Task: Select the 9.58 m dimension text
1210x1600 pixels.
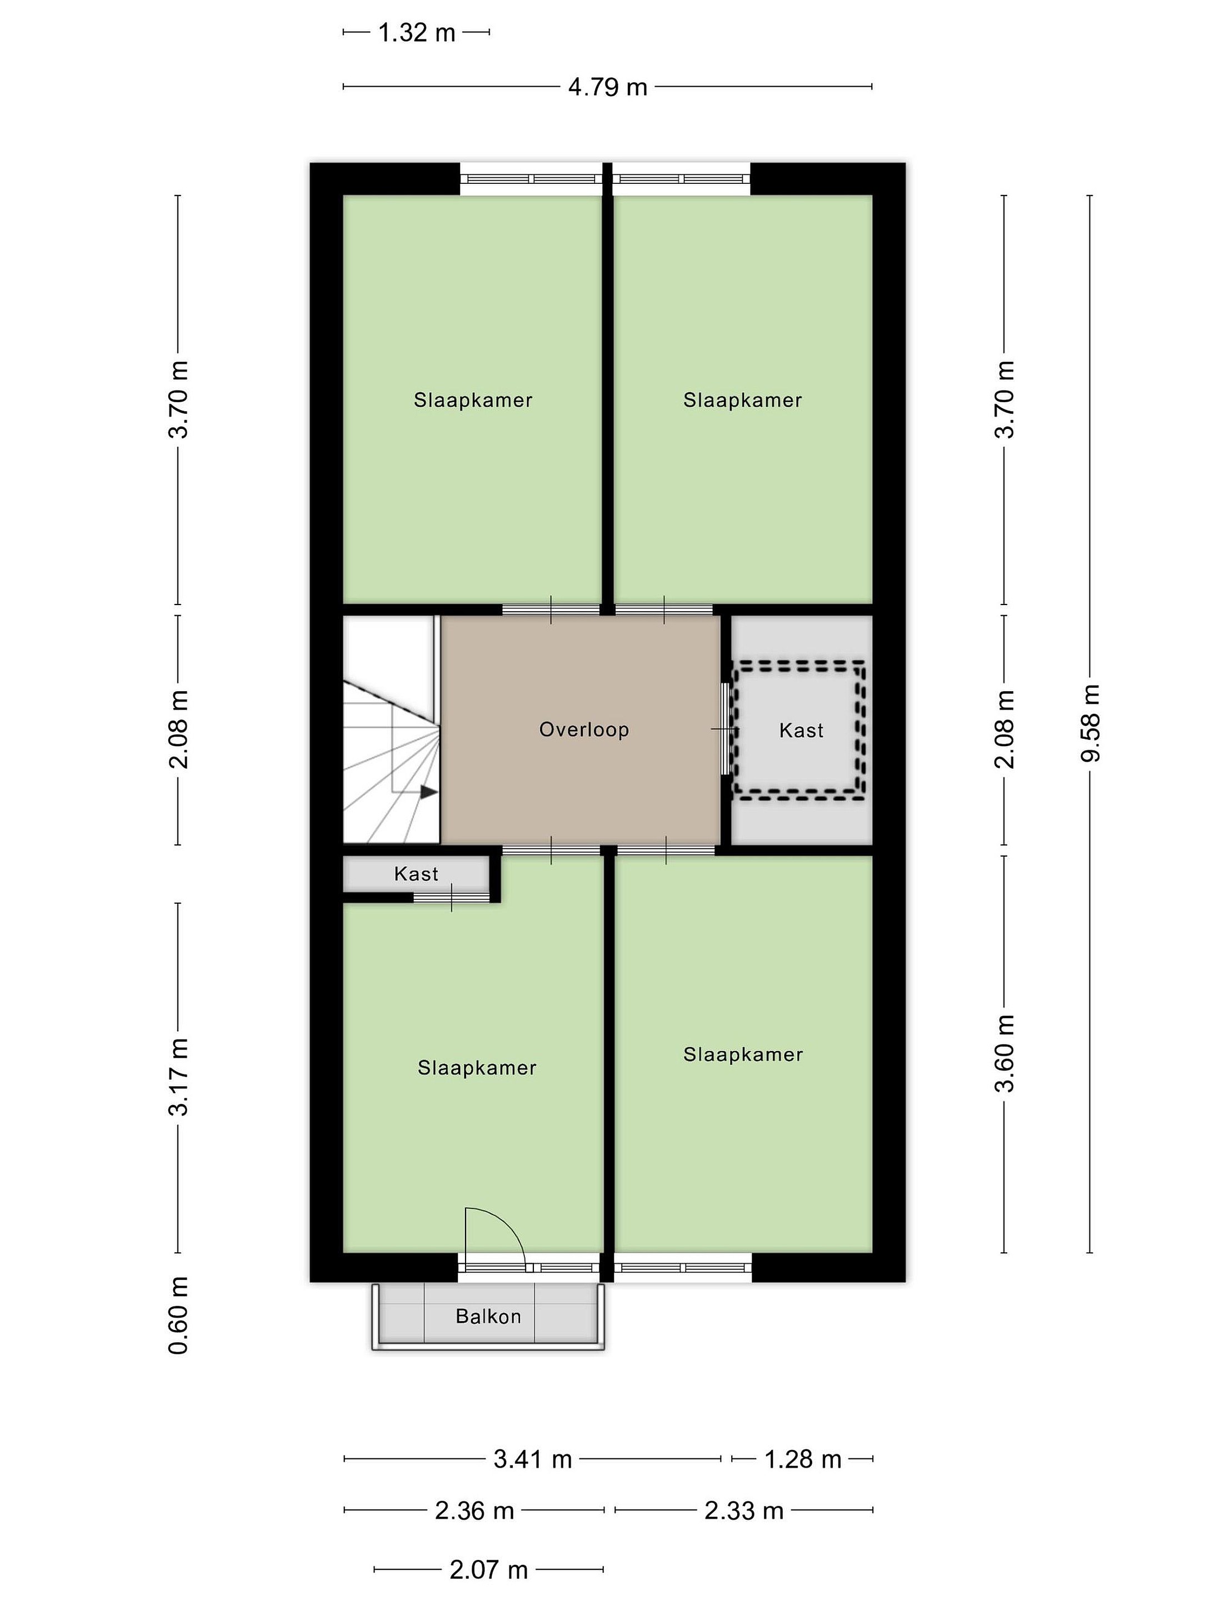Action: point(1090,723)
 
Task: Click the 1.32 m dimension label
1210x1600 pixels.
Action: point(417,33)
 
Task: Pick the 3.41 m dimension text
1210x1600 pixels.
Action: point(532,1459)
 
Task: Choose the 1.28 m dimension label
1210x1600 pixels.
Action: point(803,1459)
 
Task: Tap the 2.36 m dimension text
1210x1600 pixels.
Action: point(474,1511)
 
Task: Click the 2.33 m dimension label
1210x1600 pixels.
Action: point(744,1511)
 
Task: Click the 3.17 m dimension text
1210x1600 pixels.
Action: point(179,1076)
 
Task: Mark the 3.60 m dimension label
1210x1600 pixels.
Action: point(1004,1053)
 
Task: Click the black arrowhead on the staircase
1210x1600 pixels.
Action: point(429,792)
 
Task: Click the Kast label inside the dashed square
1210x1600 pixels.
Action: point(801,731)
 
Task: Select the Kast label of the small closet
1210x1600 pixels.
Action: point(416,874)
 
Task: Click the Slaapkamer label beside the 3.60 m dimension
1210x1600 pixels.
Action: point(743,1054)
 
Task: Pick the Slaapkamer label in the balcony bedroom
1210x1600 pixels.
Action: point(477,1068)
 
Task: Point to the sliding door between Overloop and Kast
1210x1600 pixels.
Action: point(726,729)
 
